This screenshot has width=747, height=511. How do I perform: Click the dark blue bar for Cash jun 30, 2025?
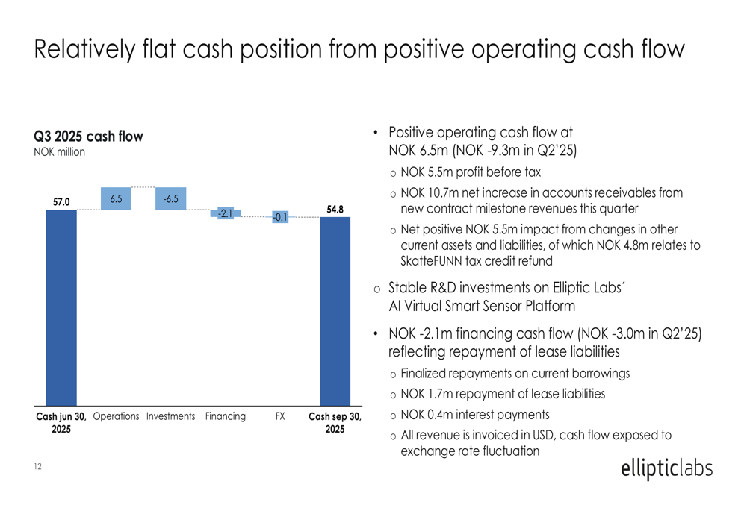pyautogui.click(x=61, y=306)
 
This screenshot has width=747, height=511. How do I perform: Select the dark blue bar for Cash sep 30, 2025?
pyautogui.click(x=335, y=310)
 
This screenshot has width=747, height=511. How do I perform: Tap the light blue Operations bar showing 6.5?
pyautogui.click(x=117, y=198)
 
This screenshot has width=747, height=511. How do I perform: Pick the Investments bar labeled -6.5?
pyautogui.click(x=171, y=198)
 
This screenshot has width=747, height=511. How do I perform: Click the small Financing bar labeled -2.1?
pyautogui.click(x=226, y=213)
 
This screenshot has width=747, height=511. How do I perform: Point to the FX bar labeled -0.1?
pyautogui.click(x=280, y=217)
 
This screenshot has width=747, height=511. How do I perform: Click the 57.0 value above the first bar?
pyautogui.click(x=61, y=201)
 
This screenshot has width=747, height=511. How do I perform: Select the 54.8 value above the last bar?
pyautogui.click(x=335, y=209)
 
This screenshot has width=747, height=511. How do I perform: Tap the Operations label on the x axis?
pyautogui.click(x=117, y=416)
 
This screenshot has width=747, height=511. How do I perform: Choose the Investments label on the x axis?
pyautogui.click(x=171, y=416)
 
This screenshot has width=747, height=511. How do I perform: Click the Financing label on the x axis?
pyautogui.click(x=226, y=416)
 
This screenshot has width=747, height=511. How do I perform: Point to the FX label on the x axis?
pyautogui.click(x=280, y=416)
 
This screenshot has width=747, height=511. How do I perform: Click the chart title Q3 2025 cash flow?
pyautogui.click(x=88, y=137)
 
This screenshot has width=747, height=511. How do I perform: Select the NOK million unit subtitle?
pyautogui.click(x=60, y=152)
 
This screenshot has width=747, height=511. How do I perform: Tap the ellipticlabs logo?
pyautogui.click(x=666, y=468)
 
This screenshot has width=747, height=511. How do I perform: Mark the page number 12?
pyautogui.click(x=37, y=467)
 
